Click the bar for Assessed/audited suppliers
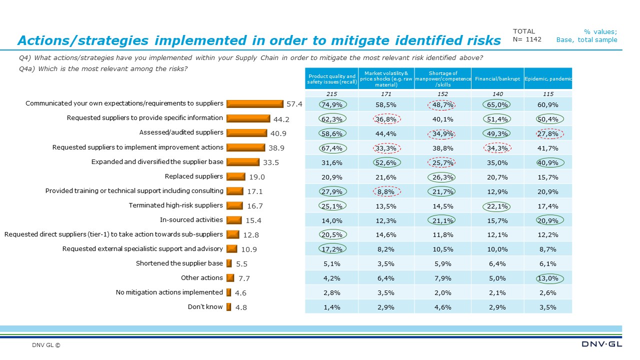[x=246, y=133]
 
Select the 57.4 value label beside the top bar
[x=294, y=104]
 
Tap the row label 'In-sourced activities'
[x=191, y=219]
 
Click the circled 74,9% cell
[x=331, y=104]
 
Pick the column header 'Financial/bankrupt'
[x=497, y=79]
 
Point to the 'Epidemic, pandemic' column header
[x=548, y=79]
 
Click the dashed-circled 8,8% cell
[x=386, y=191]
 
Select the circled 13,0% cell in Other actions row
[x=548, y=278]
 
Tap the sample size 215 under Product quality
[x=331, y=93]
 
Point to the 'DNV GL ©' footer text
[x=46, y=345]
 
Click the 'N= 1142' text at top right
[x=527, y=39]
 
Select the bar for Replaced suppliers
[x=235, y=176]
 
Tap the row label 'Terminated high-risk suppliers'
[x=175, y=205]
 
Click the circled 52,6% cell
[x=386, y=162]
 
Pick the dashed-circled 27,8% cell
[x=548, y=133]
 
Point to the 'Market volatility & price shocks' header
[x=386, y=79]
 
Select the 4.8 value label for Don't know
[x=241, y=307]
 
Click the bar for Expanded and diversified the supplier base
[x=242, y=162]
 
